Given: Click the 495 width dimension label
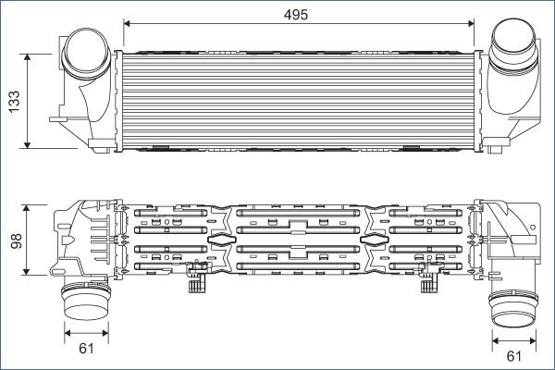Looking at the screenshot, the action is [x=296, y=15].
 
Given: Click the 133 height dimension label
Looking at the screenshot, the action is [x=15, y=102].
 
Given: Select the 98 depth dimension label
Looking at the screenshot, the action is [x=17, y=240].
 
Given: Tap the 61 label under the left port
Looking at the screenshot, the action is [x=86, y=349].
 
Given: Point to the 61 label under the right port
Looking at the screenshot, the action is [x=514, y=356].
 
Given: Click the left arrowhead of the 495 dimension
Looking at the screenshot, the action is [x=127, y=23].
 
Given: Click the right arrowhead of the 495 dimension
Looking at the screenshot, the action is [x=471, y=23].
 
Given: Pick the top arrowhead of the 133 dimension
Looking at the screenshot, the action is [x=27, y=57].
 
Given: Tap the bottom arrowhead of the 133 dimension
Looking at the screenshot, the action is [x=27, y=145].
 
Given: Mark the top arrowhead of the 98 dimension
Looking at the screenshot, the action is [x=26, y=208].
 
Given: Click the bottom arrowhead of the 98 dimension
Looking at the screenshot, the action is [x=26, y=271].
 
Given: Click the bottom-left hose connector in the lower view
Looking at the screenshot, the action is [x=86, y=301].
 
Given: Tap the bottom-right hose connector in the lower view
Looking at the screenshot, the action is [x=513, y=308].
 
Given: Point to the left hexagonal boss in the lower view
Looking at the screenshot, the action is [x=221, y=240].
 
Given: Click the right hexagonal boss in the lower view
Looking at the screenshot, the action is [x=374, y=240].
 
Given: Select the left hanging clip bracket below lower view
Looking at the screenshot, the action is [x=197, y=277].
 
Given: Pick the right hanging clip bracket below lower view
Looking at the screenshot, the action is [x=429, y=277].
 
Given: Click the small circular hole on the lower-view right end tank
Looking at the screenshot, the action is [x=533, y=227].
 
